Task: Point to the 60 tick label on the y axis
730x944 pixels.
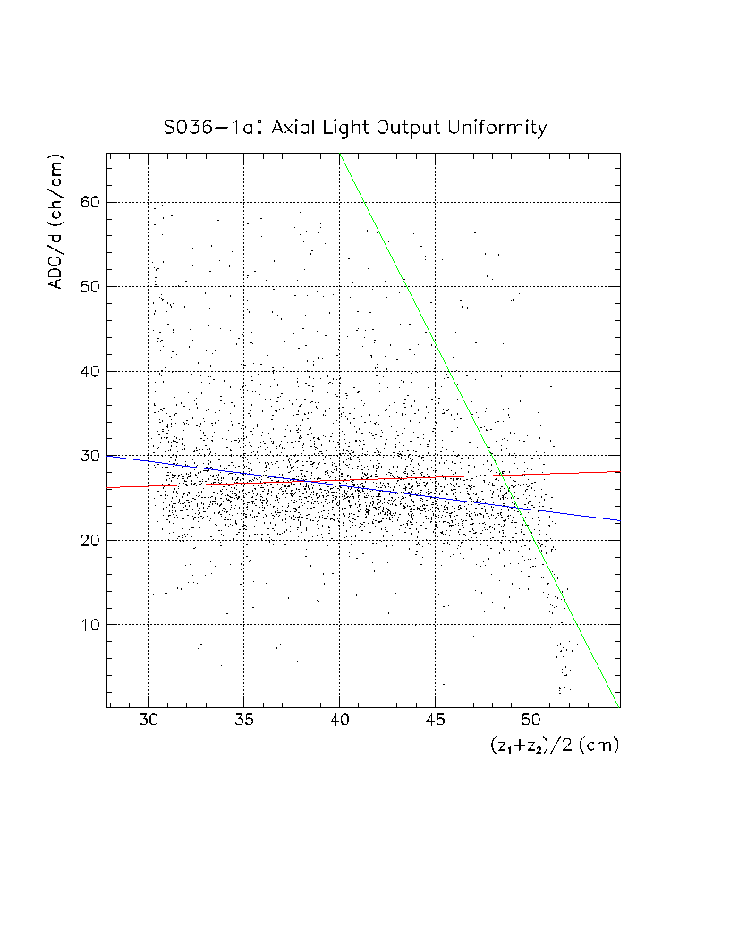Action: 87,202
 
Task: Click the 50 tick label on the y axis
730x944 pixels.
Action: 87,286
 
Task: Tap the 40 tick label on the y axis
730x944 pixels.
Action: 87,371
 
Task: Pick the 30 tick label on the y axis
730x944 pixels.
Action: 87,456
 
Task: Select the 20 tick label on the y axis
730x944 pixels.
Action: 87,540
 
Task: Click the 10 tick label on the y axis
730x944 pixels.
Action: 87,624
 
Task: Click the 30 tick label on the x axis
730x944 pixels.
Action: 148,721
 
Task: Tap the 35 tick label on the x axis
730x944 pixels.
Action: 243,721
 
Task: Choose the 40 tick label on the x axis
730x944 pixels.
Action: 339,721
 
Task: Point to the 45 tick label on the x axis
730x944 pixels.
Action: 436,721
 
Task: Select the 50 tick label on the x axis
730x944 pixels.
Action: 531,721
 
